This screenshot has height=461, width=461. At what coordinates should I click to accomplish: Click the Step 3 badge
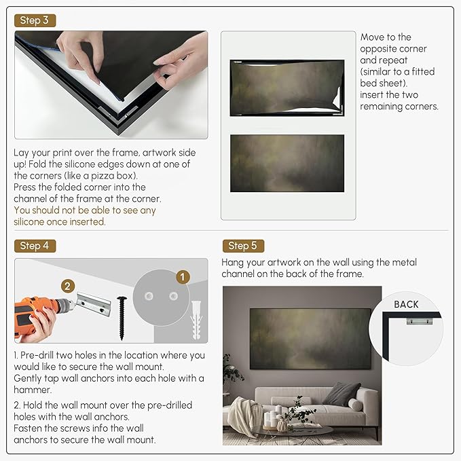click(35, 20)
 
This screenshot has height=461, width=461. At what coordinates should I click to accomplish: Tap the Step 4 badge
click(35, 246)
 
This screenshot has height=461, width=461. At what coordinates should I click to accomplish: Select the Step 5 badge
click(243, 246)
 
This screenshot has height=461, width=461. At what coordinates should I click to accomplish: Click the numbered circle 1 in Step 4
click(183, 277)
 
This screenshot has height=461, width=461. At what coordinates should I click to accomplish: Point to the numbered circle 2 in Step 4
click(68, 286)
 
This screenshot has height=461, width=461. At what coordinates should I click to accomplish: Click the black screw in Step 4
click(122, 318)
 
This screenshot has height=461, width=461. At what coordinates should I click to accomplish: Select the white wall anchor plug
click(196, 320)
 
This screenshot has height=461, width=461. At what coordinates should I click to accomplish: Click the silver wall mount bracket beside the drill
click(94, 303)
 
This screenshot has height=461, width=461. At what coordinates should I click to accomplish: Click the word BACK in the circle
click(406, 304)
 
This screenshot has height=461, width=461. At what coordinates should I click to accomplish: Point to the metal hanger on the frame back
click(420, 320)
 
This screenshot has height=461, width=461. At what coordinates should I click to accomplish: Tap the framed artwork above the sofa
click(310, 339)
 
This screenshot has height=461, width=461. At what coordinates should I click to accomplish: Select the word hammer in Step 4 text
click(33, 390)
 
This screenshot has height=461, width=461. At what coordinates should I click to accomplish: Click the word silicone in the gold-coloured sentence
click(33, 222)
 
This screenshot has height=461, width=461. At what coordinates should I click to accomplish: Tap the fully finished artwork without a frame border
click(287, 163)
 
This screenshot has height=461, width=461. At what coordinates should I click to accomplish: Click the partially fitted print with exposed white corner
click(287, 88)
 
